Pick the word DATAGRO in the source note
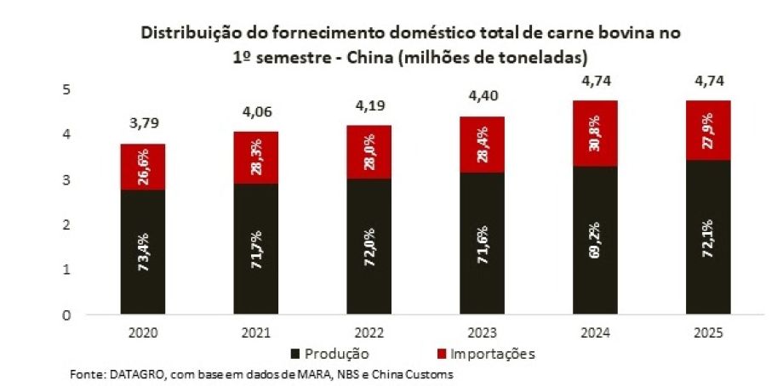[128, 374]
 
